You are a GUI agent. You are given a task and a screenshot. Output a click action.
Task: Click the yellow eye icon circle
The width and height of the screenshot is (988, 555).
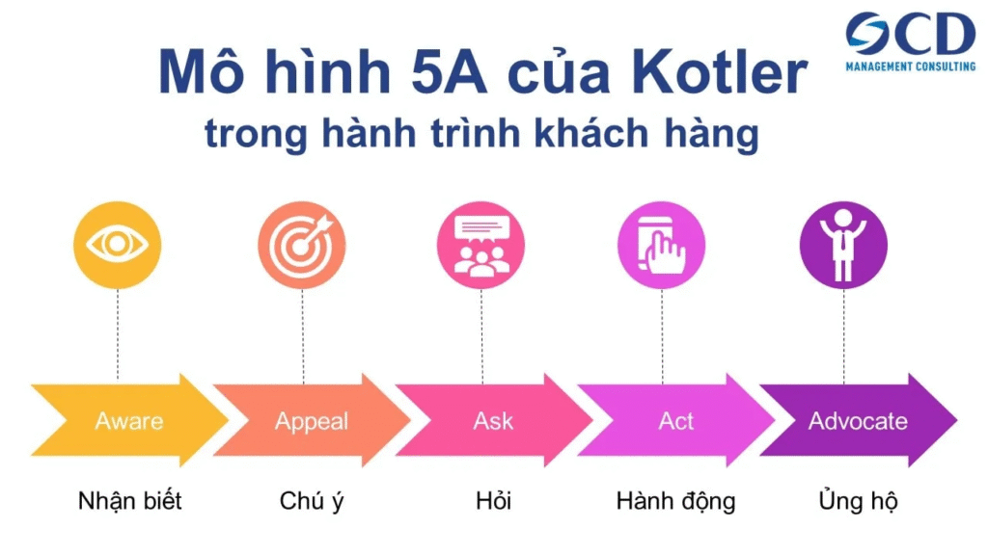(x=117, y=245)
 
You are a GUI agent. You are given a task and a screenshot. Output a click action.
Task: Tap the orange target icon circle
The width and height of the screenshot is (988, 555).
(x=302, y=245)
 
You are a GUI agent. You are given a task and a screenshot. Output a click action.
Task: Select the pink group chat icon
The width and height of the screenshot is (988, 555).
(x=480, y=245)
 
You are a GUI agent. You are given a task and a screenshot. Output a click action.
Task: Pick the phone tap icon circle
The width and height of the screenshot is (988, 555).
(x=662, y=245)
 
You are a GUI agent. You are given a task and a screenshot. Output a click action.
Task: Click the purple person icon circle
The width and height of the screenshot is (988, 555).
(x=843, y=245)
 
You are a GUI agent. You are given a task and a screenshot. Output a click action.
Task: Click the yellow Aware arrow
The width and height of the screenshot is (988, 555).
(x=129, y=420)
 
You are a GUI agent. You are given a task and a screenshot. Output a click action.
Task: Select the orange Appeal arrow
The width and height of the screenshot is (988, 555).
(x=312, y=420)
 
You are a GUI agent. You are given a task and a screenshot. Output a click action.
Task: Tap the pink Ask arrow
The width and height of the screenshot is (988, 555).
(x=493, y=420)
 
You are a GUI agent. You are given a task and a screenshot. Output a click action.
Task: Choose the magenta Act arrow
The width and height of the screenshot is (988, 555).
(x=675, y=420)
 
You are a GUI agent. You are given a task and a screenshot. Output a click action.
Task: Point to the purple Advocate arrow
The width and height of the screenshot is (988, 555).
(x=858, y=420)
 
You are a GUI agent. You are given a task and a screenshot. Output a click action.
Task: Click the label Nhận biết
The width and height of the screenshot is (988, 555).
(x=130, y=501)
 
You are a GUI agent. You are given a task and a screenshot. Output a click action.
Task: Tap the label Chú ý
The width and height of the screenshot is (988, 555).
(x=312, y=501)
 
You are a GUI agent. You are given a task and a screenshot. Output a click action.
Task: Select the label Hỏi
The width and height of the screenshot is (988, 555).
(x=493, y=500)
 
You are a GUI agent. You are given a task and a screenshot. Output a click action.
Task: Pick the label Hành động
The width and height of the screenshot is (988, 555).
(x=675, y=501)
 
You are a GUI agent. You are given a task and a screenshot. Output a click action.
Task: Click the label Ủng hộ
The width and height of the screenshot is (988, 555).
(x=858, y=500)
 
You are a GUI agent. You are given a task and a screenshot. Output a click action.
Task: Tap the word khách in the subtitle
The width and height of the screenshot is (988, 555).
(x=591, y=133)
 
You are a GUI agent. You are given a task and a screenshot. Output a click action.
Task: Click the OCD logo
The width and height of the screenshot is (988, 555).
(x=911, y=34)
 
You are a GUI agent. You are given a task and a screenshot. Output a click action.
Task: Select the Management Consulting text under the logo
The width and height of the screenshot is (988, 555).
(x=911, y=66)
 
